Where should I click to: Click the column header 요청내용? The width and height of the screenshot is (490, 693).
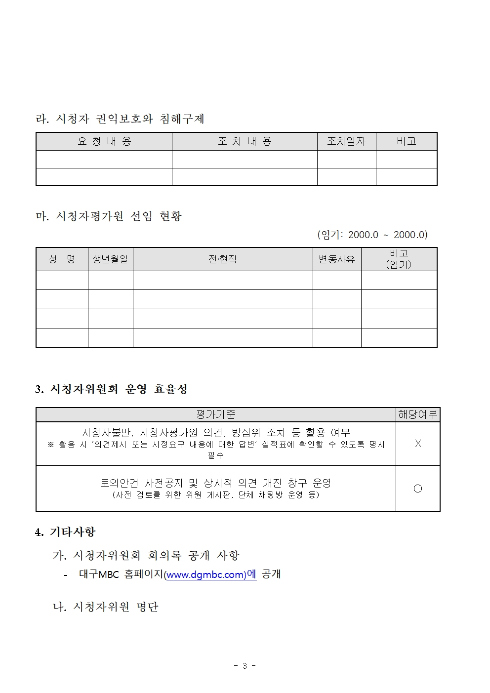pos(104,141)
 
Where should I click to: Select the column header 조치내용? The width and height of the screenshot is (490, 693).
pos(245,141)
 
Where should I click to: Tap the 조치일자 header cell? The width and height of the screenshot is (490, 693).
pos(346,141)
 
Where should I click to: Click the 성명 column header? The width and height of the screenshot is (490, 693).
pos(62,259)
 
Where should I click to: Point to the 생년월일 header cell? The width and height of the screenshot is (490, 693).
pos(110,259)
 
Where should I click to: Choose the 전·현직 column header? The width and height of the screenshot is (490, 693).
pos(222,259)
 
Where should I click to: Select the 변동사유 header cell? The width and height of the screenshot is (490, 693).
pos(336,259)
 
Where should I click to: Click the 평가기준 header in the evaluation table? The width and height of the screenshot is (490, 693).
pos(215,414)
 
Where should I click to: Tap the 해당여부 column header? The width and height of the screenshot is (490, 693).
pos(417,414)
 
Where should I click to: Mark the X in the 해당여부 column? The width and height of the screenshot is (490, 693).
pos(418,444)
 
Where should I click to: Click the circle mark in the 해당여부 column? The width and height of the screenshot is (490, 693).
pos(418,489)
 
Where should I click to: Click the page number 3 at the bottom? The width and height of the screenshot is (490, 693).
pos(245,666)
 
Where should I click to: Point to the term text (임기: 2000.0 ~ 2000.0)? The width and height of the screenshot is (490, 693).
pos(372,235)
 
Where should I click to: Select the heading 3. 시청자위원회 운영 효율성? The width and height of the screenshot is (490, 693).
pos(111,389)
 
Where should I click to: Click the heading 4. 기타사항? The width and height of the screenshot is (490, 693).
pos(65,532)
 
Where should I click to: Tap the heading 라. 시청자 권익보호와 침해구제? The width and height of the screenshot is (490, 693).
pos(120,119)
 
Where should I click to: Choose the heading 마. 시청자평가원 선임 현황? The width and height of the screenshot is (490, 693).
pos(109,216)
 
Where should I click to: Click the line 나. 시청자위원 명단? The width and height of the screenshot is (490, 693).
pos(106,607)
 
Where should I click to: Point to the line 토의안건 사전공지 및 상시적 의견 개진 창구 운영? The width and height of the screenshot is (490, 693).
pos(215,483)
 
